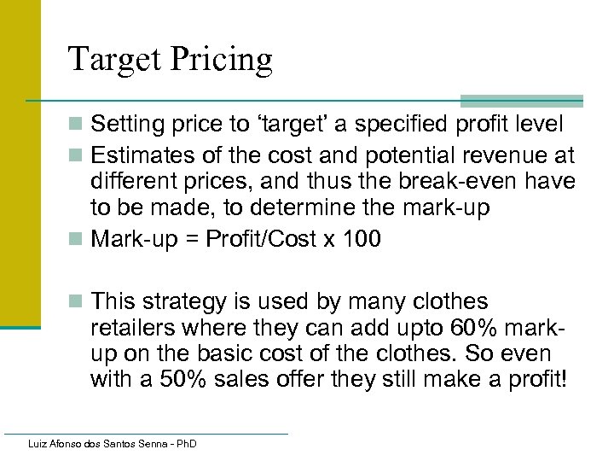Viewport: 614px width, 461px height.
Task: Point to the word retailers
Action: pyautogui.click(x=130, y=329)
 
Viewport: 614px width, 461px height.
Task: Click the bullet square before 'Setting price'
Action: pyautogui.click(x=78, y=125)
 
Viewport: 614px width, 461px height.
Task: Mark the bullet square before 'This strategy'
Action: pyautogui.click(x=78, y=301)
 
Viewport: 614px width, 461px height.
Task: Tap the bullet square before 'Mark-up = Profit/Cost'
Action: pyautogui.click(x=78, y=239)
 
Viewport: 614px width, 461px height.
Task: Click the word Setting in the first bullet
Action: pyautogui.click(x=125, y=125)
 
